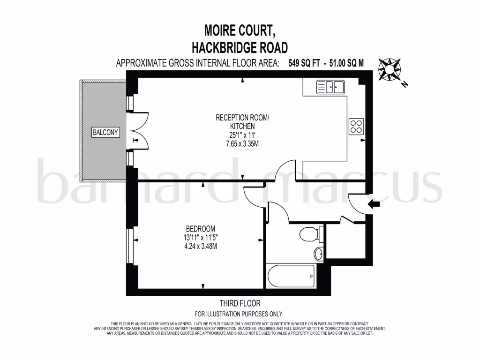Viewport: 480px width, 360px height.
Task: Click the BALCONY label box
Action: (105, 132)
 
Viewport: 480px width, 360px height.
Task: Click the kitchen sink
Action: (330, 87)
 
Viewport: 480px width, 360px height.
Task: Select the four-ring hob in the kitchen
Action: (356, 126)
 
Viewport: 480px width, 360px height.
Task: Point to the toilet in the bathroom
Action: (311, 233)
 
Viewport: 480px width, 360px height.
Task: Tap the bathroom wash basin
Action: (319, 254)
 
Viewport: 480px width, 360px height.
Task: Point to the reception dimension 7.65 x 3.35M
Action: (242, 143)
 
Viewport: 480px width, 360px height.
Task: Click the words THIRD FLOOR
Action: (240, 304)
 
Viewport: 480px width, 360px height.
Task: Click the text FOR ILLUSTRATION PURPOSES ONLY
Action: (239, 314)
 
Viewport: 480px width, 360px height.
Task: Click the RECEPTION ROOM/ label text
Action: (242, 118)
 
